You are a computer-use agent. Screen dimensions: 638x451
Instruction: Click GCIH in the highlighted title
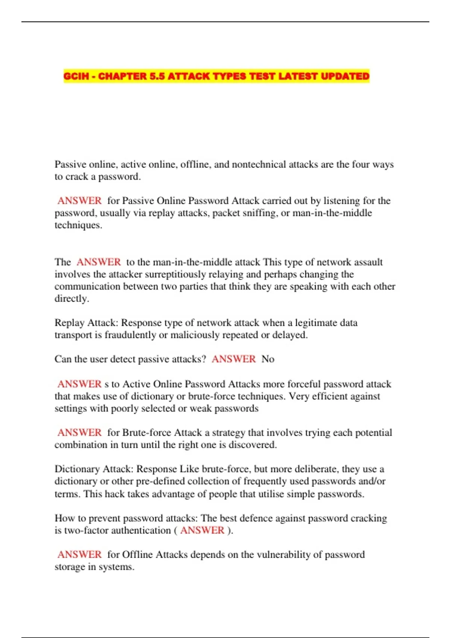pyautogui.click(x=76, y=76)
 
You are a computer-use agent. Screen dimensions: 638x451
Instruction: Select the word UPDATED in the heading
pyautogui.click(x=345, y=76)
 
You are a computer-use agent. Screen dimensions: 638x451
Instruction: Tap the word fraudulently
pyautogui.click(x=130, y=335)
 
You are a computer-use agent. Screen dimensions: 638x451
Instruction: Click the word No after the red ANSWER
pyautogui.click(x=268, y=359)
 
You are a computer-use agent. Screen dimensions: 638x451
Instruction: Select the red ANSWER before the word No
pyautogui.click(x=233, y=359)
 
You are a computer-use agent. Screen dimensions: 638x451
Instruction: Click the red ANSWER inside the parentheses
pyautogui.click(x=202, y=530)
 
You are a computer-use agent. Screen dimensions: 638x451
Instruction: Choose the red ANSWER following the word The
pyautogui.click(x=98, y=262)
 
